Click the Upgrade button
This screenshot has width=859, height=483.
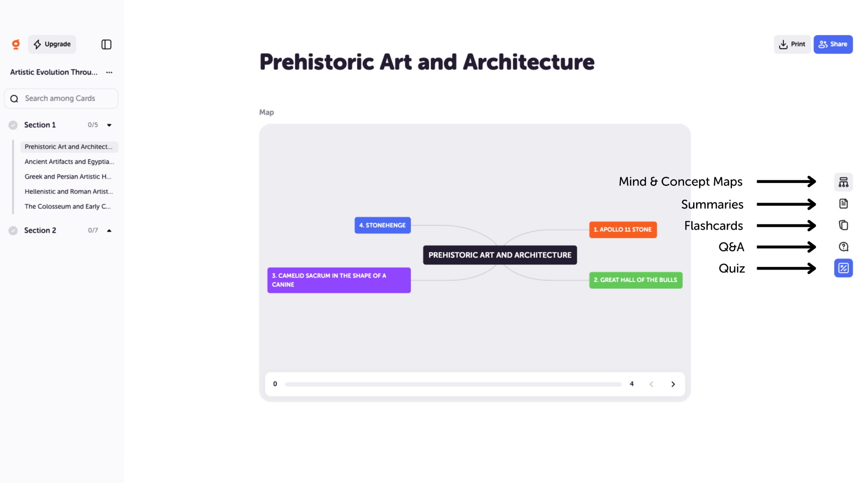click(x=52, y=44)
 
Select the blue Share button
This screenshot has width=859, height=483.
click(x=833, y=44)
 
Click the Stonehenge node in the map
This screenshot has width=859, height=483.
click(x=383, y=225)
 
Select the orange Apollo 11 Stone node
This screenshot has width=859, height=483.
click(x=623, y=230)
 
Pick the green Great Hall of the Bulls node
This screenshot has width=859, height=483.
click(x=635, y=280)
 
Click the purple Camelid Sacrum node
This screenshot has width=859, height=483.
click(x=339, y=280)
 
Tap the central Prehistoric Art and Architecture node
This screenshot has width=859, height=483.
click(x=500, y=255)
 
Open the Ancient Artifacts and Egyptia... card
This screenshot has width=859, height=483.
click(x=69, y=162)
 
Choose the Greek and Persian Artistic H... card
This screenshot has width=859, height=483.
click(x=68, y=177)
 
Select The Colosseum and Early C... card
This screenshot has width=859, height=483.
click(x=68, y=207)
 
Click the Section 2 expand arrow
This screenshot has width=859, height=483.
click(x=109, y=231)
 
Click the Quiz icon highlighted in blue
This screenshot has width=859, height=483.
click(x=843, y=268)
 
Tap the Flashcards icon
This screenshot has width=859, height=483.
click(x=843, y=225)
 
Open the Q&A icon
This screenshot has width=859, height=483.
click(x=843, y=247)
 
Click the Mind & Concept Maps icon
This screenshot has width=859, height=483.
click(x=843, y=182)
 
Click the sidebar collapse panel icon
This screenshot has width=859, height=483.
click(x=106, y=44)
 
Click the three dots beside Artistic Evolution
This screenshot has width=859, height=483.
click(x=109, y=72)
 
